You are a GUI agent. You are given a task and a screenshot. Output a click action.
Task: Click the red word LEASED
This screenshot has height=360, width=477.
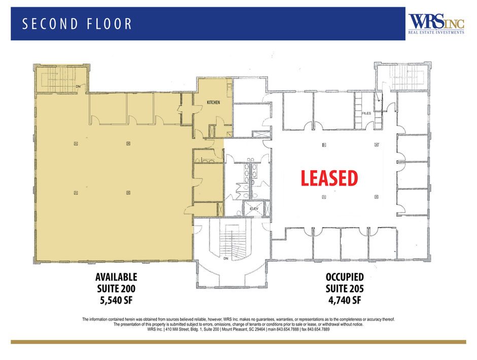click(329, 178)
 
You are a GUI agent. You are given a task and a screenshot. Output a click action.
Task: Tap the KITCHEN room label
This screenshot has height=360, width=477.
click(213, 102)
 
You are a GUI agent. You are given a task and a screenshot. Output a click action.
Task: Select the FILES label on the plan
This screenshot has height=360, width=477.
click(367, 114)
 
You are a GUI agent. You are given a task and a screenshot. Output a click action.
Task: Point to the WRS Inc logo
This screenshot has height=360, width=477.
click(436, 23)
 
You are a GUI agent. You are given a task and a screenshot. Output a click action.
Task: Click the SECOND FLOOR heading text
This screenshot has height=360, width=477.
click(78, 24)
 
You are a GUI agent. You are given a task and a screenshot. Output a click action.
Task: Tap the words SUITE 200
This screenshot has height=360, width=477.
click(116, 289)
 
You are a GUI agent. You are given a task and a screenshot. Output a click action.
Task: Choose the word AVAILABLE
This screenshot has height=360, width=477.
click(116, 277)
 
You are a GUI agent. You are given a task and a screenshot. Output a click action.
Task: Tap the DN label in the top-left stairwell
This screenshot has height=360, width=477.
click(78, 86)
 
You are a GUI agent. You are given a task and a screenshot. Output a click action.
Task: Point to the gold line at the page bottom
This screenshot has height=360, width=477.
click(238, 342)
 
